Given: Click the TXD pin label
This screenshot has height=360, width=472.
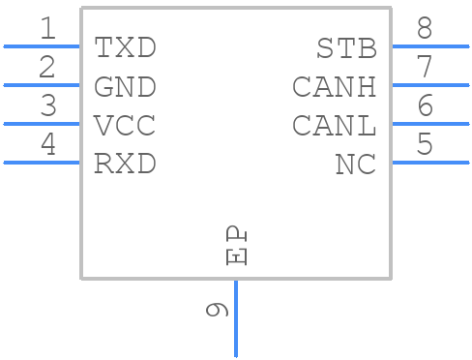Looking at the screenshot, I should pyautogui.click(x=125, y=47).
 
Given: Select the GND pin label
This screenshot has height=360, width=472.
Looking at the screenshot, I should pyautogui.click(x=125, y=87).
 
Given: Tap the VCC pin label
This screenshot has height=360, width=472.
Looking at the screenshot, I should pyautogui.click(x=125, y=126).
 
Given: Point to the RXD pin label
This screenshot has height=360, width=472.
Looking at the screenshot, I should pyautogui.click(x=125, y=165).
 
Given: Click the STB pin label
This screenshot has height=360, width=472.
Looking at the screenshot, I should pyautogui.click(x=346, y=47).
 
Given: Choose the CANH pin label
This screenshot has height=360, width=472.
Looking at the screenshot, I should pyautogui.click(x=334, y=87).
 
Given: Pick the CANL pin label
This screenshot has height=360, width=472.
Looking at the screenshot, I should pyautogui.click(x=334, y=126).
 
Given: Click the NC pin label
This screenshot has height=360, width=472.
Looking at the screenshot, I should pyautogui.click(x=355, y=165).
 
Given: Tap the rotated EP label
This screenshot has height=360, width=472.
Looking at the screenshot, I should pyautogui.click(x=237, y=246).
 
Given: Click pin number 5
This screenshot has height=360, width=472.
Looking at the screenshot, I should pyautogui.click(x=425, y=145).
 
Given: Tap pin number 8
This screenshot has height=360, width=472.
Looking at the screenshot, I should pyautogui.click(x=425, y=29).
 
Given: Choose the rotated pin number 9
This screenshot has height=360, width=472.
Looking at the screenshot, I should pyautogui.click(x=217, y=310).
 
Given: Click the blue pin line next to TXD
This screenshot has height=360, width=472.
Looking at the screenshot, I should pyautogui.click(x=42, y=45).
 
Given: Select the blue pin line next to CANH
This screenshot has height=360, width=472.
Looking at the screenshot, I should pyautogui.click(x=429, y=84).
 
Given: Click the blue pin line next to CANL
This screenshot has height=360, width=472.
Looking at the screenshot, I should pyautogui.click(x=429, y=123).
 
